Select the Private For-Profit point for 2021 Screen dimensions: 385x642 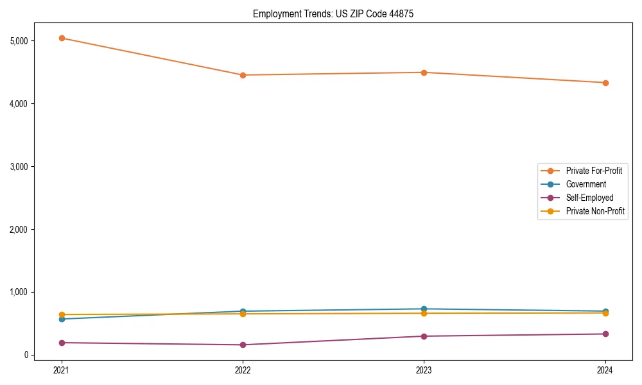(62, 38)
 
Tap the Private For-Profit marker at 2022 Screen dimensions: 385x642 (243, 75)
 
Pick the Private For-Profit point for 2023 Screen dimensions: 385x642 (424, 73)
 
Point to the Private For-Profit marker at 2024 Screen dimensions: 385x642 (605, 83)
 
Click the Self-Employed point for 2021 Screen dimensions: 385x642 (62, 343)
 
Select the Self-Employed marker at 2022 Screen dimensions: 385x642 (243, 345)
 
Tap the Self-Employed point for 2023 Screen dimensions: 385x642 (424, 336)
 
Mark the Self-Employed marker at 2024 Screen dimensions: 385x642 (605, 334)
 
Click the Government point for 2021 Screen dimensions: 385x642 (62, 319)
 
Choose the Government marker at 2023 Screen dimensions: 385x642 (424, 309)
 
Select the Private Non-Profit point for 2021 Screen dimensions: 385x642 (62, 314)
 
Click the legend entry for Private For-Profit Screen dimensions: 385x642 (593, 171)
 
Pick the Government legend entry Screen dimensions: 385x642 (586, 184)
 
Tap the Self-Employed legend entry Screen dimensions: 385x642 (589, 198)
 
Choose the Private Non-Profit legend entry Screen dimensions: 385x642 (595, 211)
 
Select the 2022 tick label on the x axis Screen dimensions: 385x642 (243, 370)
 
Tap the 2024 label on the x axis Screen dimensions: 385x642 (605, 370)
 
